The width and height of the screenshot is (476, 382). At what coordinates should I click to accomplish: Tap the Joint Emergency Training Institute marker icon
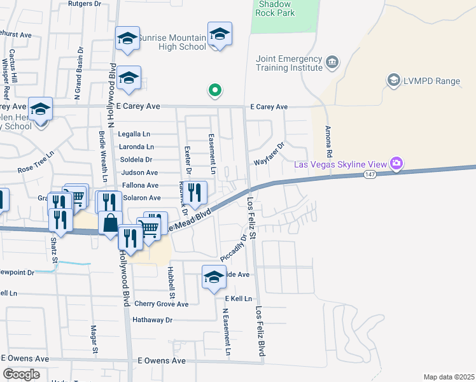coord(332,62)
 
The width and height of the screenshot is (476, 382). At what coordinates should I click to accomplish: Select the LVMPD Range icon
coord(393,80)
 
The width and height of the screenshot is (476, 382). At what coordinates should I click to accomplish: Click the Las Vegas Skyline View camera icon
coord(396,164)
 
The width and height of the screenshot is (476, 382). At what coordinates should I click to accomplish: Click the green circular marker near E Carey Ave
coord(215,91)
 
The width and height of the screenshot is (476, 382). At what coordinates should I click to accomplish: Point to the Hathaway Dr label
coord(152,320)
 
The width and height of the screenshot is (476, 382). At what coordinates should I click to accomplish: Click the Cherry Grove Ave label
coord(162,304)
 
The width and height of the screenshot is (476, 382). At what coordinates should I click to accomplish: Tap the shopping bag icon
coord(110,223)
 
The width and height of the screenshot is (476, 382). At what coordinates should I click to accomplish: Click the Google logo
coord(21,374)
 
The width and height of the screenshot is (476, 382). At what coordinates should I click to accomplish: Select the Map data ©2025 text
coord(448,377)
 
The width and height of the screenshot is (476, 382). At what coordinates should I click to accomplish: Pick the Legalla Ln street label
coord(134,134)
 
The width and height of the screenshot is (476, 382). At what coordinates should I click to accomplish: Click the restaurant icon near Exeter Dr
coord(196,192)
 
